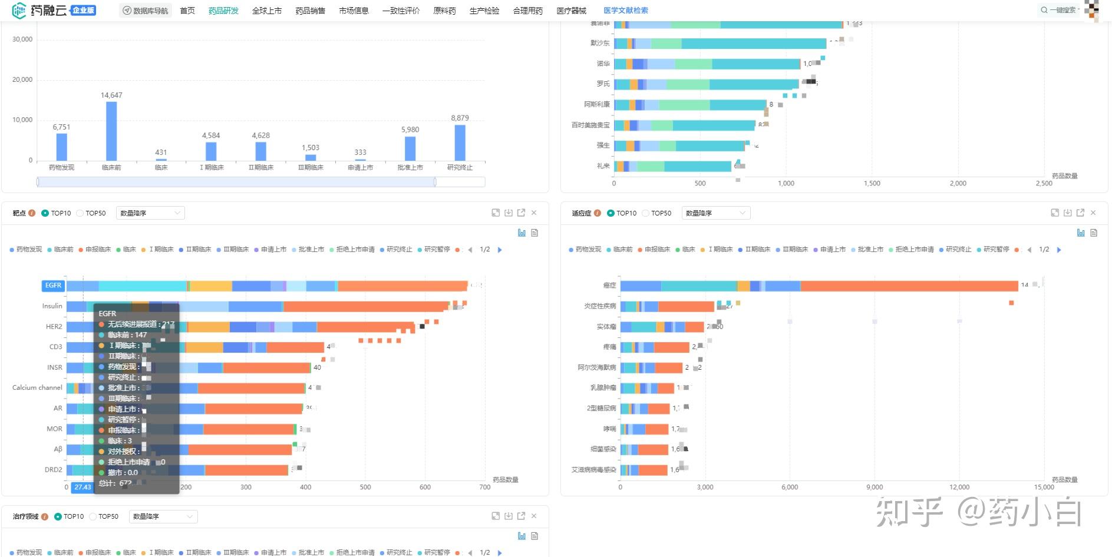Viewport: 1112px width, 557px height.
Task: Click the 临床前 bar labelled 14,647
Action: pos(111,131)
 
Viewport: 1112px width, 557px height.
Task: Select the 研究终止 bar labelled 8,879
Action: pos(460,142)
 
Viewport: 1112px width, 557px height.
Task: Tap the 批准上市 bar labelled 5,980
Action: pos(410,148)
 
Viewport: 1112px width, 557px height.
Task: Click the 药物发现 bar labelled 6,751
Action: pos(61,147)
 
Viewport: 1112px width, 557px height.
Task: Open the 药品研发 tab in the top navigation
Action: pos(223,11)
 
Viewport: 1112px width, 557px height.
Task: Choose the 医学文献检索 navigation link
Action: pos(625,11)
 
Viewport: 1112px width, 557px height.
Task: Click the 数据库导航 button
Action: pos(145,11)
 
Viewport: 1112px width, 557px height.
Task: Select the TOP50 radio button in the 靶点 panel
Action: pos(80,213)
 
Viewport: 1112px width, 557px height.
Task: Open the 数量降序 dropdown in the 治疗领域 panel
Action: pos(163,516)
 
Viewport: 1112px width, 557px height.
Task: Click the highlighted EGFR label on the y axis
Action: pos(53,286)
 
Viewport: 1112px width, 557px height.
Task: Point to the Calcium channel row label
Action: pos(37,387)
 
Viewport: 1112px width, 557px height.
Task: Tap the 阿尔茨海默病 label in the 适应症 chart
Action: pos(596,367)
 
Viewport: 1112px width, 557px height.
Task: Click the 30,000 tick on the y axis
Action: pos(22,39)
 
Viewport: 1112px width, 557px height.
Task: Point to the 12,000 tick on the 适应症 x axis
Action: pos(959,487)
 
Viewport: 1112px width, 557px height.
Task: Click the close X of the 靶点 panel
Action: pos(534,213)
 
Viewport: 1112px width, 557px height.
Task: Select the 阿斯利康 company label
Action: pos(596,104)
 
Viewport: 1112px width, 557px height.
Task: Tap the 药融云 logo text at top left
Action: pos(48,10)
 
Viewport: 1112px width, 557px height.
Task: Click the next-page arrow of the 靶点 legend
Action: pos(500,250)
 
